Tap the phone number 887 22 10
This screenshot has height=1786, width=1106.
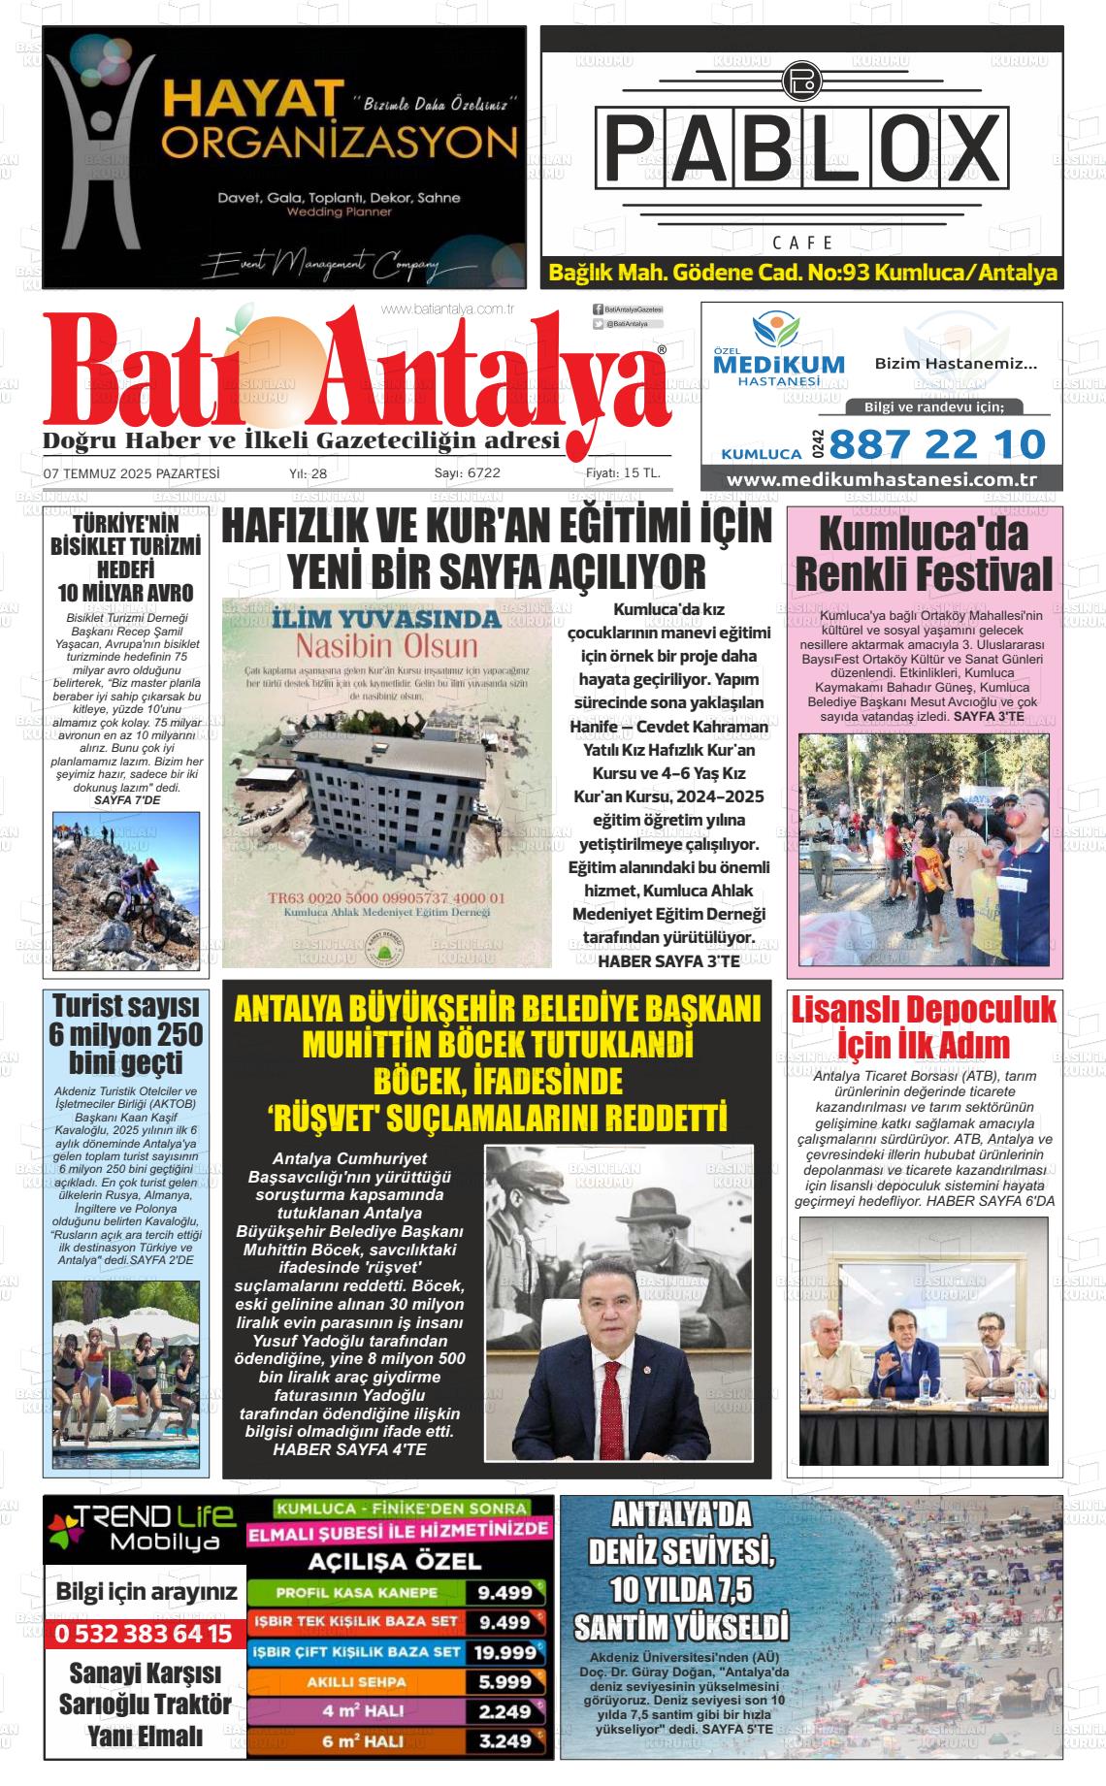coord(937,444)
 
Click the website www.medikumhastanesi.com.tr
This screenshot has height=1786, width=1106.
coord(881,480)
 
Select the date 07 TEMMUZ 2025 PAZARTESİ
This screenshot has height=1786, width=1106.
coord(131,473)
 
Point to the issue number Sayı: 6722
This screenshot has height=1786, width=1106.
coord(467,473)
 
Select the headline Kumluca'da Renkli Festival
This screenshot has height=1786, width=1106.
coord(924,554)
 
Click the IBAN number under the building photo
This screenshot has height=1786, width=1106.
coord(387,897)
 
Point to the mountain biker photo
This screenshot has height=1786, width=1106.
coord(126,891)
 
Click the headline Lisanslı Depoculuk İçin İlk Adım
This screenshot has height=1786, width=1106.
coord(924,1027)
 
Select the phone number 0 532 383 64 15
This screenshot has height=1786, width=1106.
coord(144,1634)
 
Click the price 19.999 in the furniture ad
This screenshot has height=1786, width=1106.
coord(504,1652)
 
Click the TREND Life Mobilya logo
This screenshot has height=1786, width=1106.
coord(142,1528)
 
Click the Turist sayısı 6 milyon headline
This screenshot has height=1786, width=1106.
coord(126,1034)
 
